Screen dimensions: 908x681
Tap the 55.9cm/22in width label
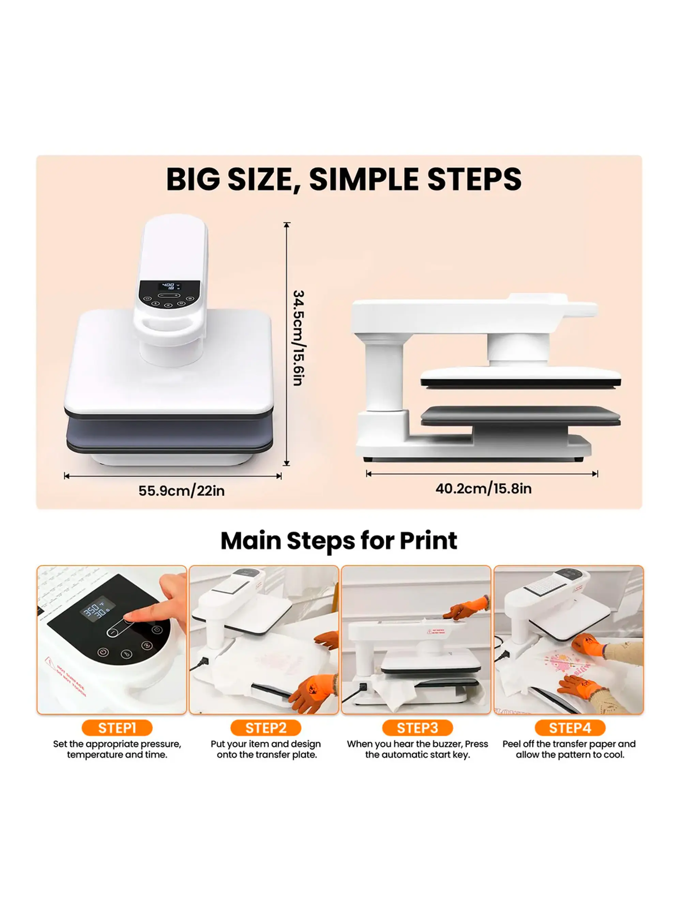(181, 490)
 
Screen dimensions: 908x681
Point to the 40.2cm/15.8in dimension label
(483, 488)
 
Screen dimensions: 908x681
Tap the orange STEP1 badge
(117, 728)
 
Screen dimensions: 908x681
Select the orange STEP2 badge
(266, 728)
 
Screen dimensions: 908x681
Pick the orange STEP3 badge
(417, 728)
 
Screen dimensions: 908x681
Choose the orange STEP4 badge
(570, 728)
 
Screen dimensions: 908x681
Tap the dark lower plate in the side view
(520, 415)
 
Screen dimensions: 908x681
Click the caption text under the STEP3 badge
(417, 749)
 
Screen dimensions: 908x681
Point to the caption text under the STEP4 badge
(569, 749)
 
